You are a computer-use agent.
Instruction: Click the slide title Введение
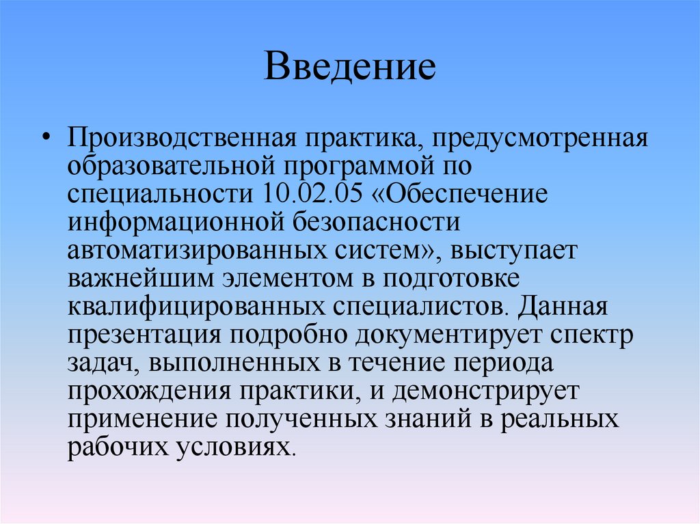(x=350, y=69)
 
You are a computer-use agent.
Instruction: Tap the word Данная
(x=562, y=306)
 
